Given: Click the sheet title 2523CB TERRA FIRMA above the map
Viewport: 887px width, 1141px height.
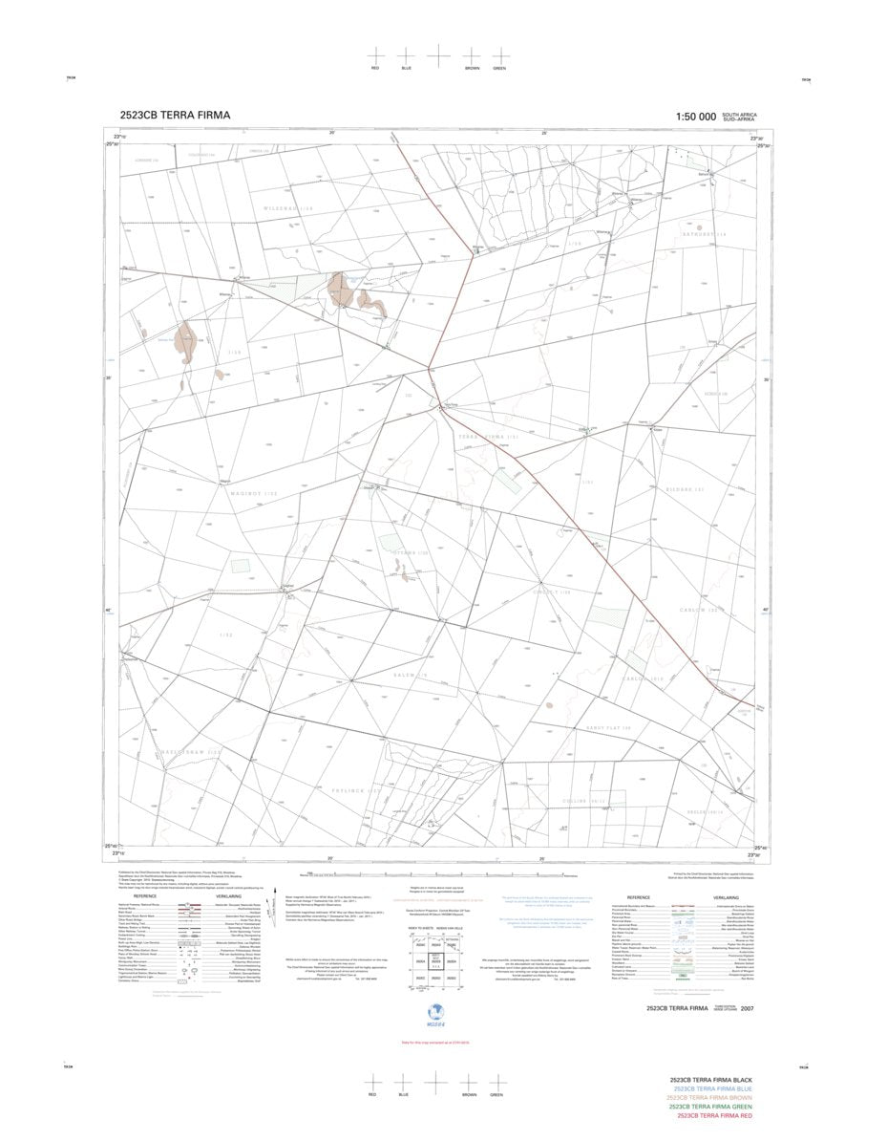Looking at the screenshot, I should click(175, 116).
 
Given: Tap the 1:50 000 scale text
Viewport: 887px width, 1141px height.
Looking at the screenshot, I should click(695, 117).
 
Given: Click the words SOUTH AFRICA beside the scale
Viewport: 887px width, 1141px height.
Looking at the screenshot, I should click(740, 114).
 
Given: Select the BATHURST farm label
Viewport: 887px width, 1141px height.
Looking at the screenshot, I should click(705, 234).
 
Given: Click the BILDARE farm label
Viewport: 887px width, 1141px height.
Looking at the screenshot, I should click(684, 490).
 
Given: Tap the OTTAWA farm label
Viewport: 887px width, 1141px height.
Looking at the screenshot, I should click(405, 553).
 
